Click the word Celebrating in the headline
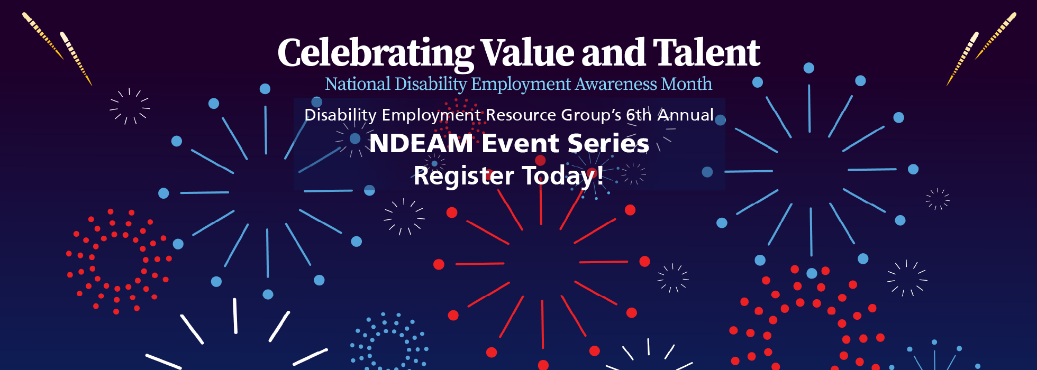(376, 54)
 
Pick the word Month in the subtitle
(687, 84)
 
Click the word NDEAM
(421, 143)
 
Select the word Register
(464, 176)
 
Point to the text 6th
(639, 115)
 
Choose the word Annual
(686, 115)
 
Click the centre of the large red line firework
(542, 262)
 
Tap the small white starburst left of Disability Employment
(130, 106)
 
